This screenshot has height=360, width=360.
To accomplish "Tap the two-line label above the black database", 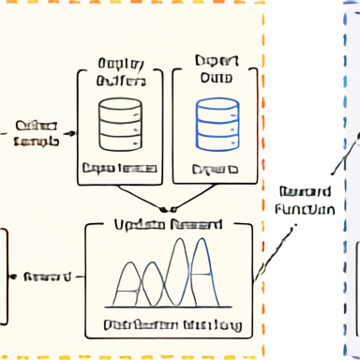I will (121, 72).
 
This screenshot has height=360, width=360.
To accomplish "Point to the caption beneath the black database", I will (120, 170).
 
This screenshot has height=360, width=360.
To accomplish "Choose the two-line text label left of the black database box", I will (37, 132).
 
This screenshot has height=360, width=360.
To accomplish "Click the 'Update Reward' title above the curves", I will (168, 225).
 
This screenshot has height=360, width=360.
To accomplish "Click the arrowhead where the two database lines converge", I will (168, 208).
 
